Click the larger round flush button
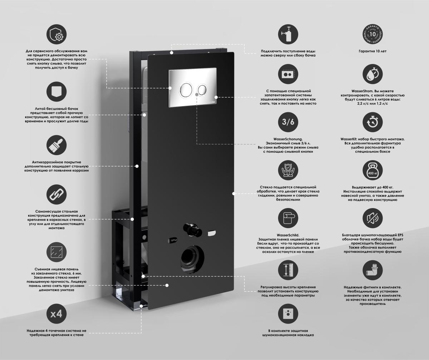(186, 89)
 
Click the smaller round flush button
(203, 90)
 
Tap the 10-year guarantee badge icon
(373, 34)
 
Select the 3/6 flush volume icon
(288, 122)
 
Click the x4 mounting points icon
(56, 314)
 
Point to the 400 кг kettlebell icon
(373, 170)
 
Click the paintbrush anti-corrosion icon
(56, 145)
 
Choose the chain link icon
(56, 194)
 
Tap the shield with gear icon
(56, 34)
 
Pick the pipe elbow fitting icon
(373, 270)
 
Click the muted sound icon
(373, 218)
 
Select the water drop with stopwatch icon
(373, 74)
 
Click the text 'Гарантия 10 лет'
(373, 51)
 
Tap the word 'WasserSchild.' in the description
(288, 235)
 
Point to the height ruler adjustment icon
(288, 270)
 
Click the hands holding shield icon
(288, 170)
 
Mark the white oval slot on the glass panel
(212, 233)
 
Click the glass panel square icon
(56, 252)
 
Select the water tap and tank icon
(288, 34)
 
